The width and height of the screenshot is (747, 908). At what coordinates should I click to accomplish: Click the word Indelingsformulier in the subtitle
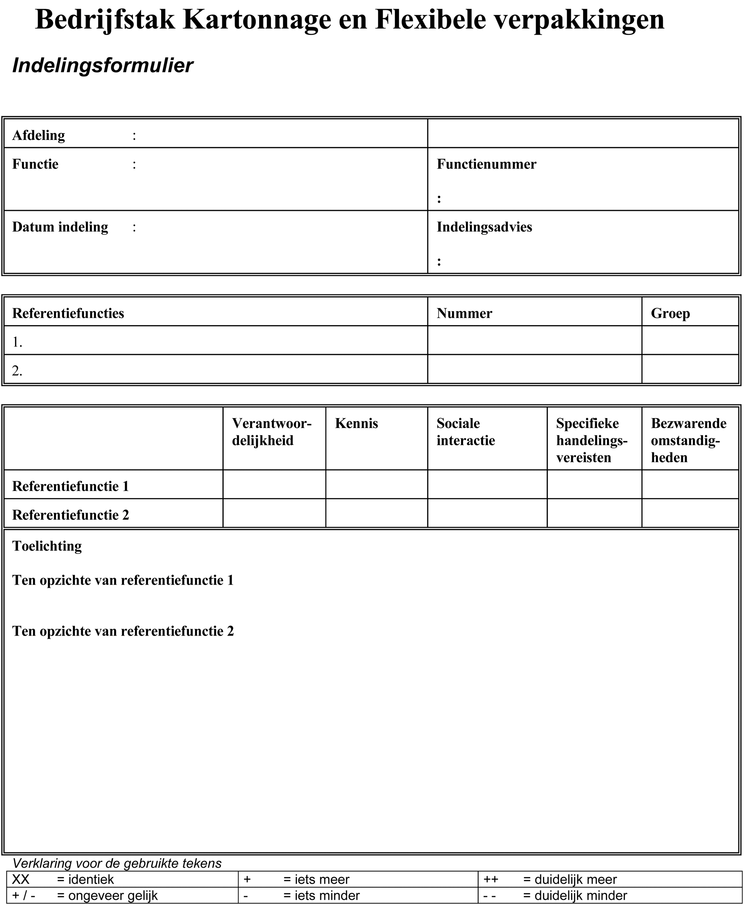102,66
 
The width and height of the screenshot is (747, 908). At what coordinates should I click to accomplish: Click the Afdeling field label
38,135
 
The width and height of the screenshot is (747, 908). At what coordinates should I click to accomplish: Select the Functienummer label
486,164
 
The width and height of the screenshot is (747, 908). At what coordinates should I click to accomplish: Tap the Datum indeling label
60,227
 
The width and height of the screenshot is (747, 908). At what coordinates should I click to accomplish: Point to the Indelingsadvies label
484,227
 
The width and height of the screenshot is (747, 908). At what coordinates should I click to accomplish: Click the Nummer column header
464,314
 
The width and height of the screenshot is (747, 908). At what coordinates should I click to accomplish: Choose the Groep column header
670,314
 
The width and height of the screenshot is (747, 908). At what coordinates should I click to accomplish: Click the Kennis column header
356,424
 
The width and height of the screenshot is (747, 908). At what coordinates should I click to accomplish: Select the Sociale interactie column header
465,432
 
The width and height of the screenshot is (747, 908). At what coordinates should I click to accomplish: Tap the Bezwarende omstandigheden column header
688,440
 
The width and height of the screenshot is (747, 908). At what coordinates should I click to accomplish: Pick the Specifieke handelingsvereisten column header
592,440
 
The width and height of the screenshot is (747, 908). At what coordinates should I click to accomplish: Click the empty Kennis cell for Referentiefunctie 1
377,485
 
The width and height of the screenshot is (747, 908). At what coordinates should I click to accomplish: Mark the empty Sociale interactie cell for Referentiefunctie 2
487,514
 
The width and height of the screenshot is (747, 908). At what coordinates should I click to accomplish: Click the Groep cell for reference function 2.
690,370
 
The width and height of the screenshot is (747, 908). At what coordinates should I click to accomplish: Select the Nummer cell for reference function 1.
534,341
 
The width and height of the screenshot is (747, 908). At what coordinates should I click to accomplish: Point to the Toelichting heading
47,546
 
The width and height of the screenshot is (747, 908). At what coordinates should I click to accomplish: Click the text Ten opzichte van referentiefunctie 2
123,631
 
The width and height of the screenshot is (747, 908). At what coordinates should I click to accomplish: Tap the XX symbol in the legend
21,879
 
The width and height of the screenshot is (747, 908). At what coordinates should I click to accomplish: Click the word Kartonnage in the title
257,20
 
